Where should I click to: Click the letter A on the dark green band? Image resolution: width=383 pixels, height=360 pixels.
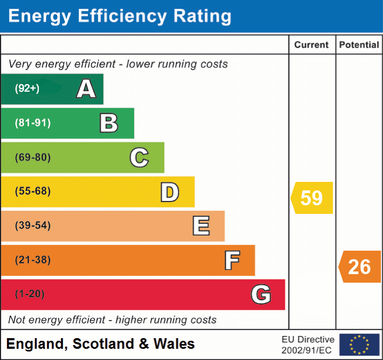click(86, 89)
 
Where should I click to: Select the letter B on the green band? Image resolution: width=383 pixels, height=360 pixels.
click(109, 123)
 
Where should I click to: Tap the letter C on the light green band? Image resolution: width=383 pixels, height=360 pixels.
click(139, 157)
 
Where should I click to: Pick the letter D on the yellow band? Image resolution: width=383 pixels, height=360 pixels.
click(169, 192)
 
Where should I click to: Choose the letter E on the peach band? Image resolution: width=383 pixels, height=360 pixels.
click(201, 226)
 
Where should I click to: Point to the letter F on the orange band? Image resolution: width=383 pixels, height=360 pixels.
click(232, 260)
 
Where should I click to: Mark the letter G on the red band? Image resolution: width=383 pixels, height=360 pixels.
click(261, 294)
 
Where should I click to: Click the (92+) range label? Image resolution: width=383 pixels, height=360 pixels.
click(27, 89)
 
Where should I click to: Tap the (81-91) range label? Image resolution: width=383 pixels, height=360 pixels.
click(32, 123)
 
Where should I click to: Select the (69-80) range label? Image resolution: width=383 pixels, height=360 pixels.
click(32, 157)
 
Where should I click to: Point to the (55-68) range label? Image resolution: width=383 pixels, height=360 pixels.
click(32, 191)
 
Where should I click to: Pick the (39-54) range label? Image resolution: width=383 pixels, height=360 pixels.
click(32, 226)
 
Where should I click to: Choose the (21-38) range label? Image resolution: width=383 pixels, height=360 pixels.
click(32, 260)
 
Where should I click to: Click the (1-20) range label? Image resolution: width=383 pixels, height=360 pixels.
click(29, 294)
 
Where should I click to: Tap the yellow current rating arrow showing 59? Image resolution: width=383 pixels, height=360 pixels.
click(312, 198)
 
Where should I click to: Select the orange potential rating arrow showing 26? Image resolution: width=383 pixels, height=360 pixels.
click(360, 267)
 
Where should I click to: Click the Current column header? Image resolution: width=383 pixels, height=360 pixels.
click(312, 45)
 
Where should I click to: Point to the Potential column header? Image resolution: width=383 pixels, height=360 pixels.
click(359, 45)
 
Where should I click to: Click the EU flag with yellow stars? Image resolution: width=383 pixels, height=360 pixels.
click(359, 345)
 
